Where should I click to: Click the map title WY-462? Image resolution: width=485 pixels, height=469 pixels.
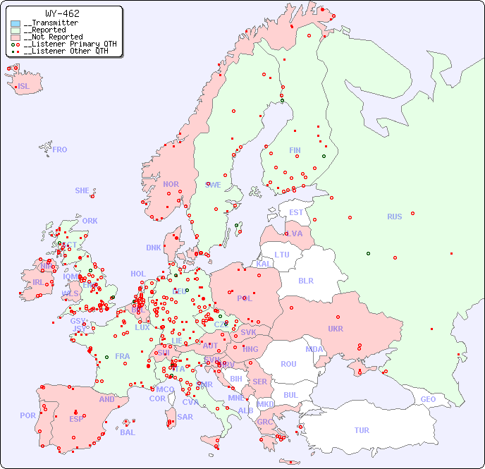(x=62, y=13)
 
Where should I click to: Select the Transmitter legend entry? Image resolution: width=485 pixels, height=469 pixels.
(x=53, y=23)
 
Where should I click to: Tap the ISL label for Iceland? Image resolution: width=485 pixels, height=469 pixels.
(x=24, y=87)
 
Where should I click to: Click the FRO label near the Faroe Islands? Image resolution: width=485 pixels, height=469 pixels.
(x=60, y=150)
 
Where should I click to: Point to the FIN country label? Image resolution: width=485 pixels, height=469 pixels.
(x=295, y=150)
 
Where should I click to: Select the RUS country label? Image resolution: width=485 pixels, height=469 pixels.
(x=394, y=217)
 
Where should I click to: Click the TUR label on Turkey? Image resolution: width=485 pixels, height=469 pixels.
(x=362, y=430)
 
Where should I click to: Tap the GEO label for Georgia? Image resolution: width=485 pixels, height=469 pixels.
(x=428, y=399)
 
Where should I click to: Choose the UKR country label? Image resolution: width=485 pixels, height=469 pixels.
(x=335, y=329)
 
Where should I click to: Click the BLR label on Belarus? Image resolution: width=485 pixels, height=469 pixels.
(x=305, y=280)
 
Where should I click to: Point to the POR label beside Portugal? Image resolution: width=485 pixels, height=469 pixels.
(x=27, y=415)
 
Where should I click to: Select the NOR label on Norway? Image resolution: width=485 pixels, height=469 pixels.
(x=171, y=184)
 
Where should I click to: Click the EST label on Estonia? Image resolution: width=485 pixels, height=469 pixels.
(x=296, y=212)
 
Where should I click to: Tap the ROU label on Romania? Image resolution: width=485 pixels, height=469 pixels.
(x=288, y=364)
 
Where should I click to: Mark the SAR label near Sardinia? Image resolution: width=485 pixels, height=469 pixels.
(x=185, y=417)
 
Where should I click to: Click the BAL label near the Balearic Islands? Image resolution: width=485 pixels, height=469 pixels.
(x=127, y=432)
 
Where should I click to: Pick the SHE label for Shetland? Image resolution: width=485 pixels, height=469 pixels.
(x=82, y=190)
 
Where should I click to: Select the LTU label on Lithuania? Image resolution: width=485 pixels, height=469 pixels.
(x=282, y=255)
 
